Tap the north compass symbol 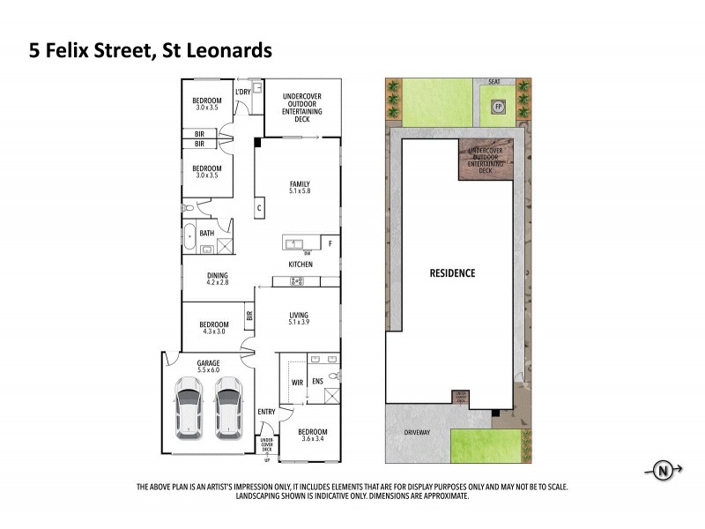pyautogui.click(x=662, y=473)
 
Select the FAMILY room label pyautogui.click(x=301, y=183)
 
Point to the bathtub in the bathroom pyautogui.click(x=190, y=234)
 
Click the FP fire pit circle pyautogui.click(x=498, y=107)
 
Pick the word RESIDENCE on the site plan pyautogui.click(x=452, y=273)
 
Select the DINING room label pyautogui.click(x=218, y=274)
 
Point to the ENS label pyautogui.click(x=318, y=382)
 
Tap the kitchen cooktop pyautogui.click(x=297, y=281)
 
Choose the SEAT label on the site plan pyautogui.click(x=494, y=82)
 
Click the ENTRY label pyautogui.click(x=266, y=413)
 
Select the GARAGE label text pyautogui.click(x=209, y=363)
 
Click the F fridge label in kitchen pyautogui.click(x=330, y=242)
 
